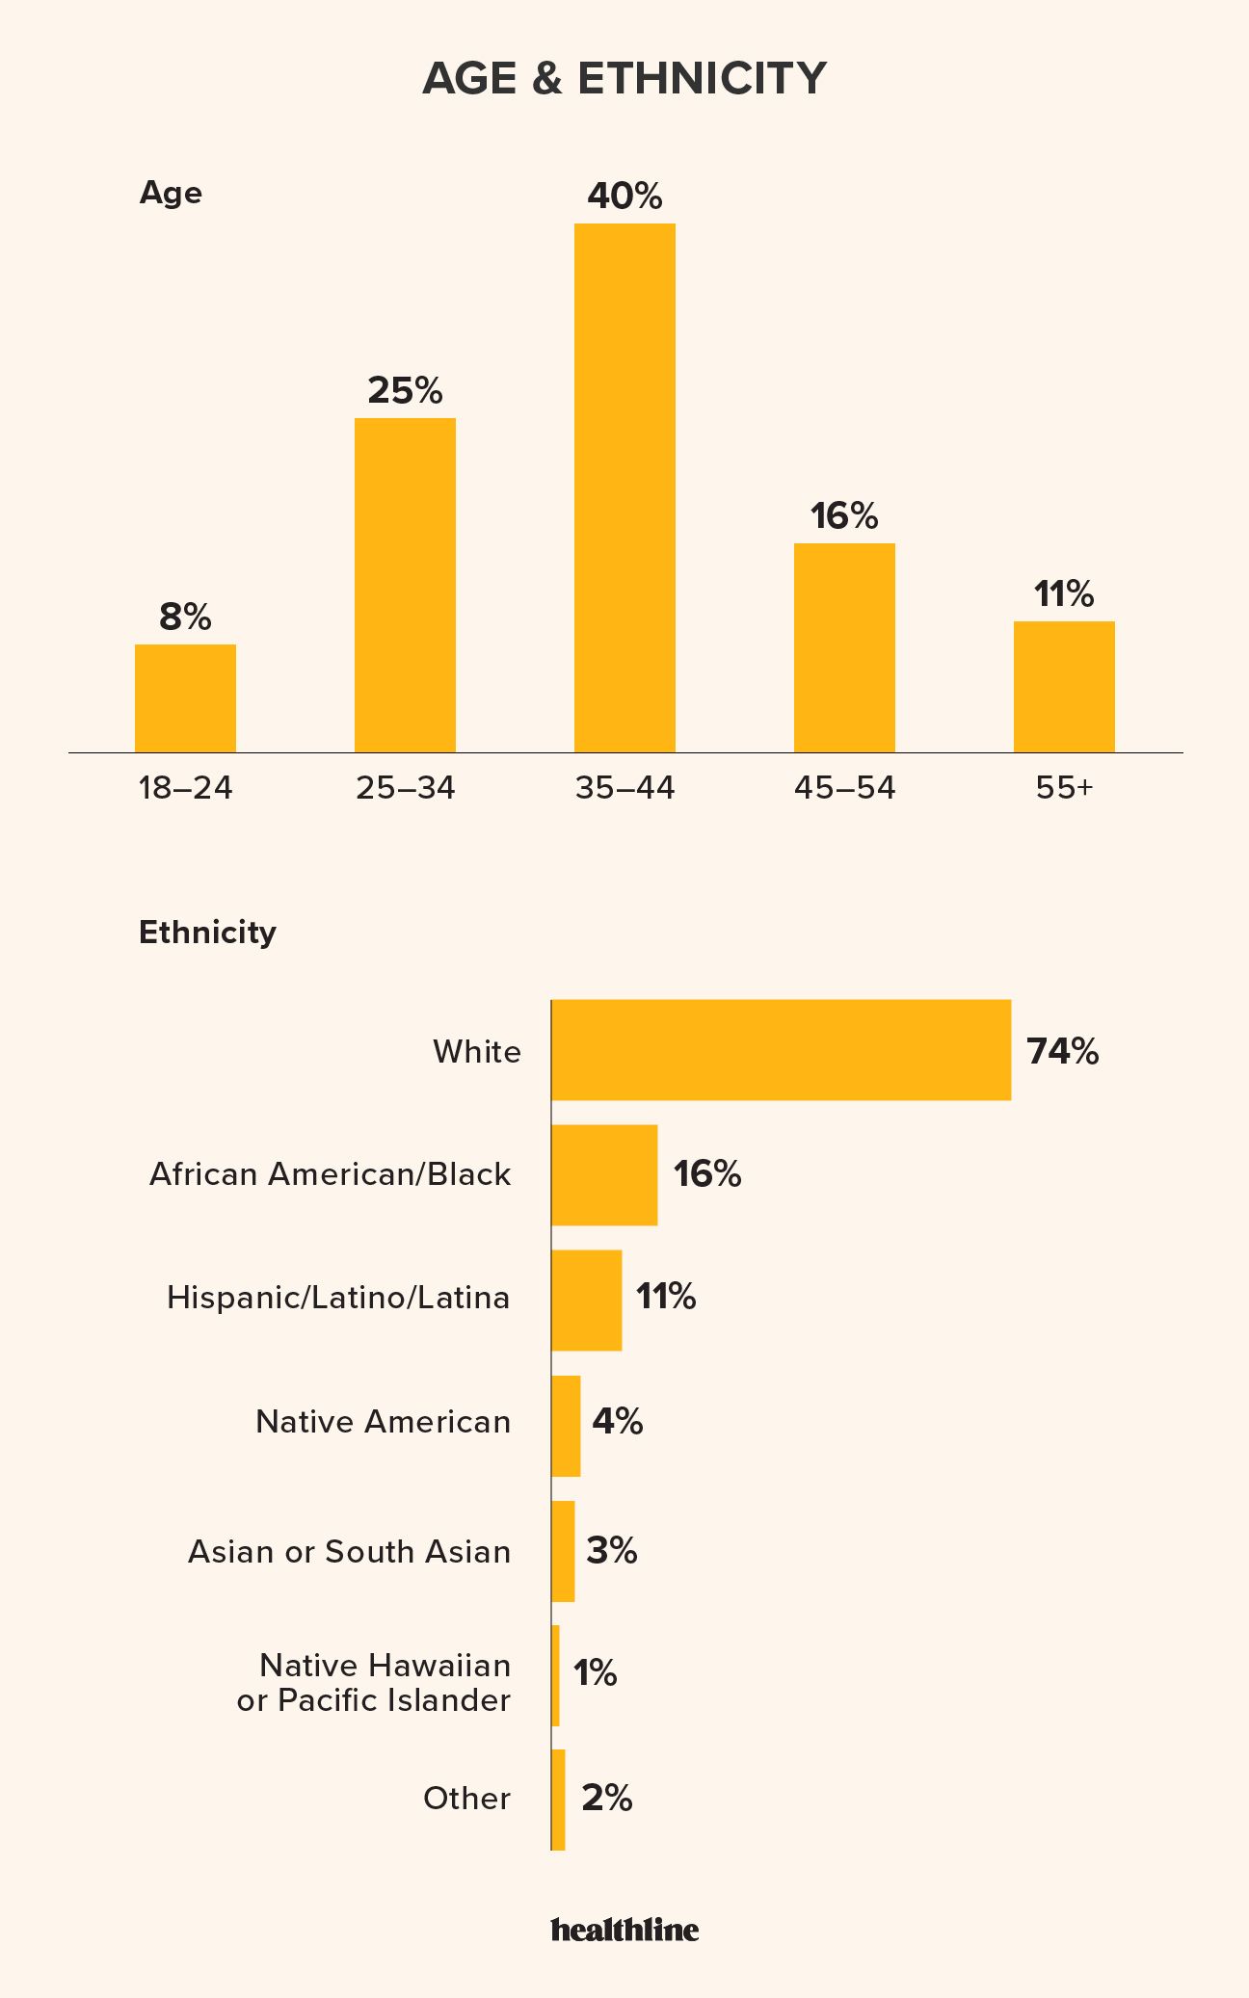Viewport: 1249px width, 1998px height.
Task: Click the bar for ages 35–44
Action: (624, 487)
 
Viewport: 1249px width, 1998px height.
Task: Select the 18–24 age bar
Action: (185, 697)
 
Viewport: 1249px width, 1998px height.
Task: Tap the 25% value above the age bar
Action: (405, 390)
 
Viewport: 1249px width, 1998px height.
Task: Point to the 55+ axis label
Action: (1064, 788)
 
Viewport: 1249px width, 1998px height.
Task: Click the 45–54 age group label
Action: (844, 788)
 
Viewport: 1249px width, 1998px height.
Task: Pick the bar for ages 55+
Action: (1064, 686)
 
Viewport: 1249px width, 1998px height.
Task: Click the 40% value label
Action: (624, 197)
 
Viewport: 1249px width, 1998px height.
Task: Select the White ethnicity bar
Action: (781, 1050)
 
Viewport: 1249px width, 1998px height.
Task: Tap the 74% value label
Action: (1062, 1051)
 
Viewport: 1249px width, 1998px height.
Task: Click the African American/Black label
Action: (330, 1174)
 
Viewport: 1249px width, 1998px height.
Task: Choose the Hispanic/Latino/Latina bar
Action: (586, 1300)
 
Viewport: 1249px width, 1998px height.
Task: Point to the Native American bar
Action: (566, 1426)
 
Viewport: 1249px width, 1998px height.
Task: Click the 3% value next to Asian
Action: (611, 1550)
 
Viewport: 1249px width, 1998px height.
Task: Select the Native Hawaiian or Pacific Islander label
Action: (374, 1682)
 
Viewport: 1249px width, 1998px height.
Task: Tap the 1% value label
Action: (595, 1673)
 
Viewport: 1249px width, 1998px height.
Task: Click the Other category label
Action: (466, 1798)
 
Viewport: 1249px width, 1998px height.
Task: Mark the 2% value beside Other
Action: (606, 1798)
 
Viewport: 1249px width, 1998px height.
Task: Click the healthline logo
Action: (624, 1929)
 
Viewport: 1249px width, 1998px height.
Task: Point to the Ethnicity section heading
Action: (207, 932)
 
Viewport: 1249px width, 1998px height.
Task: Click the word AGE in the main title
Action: (469, 78)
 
